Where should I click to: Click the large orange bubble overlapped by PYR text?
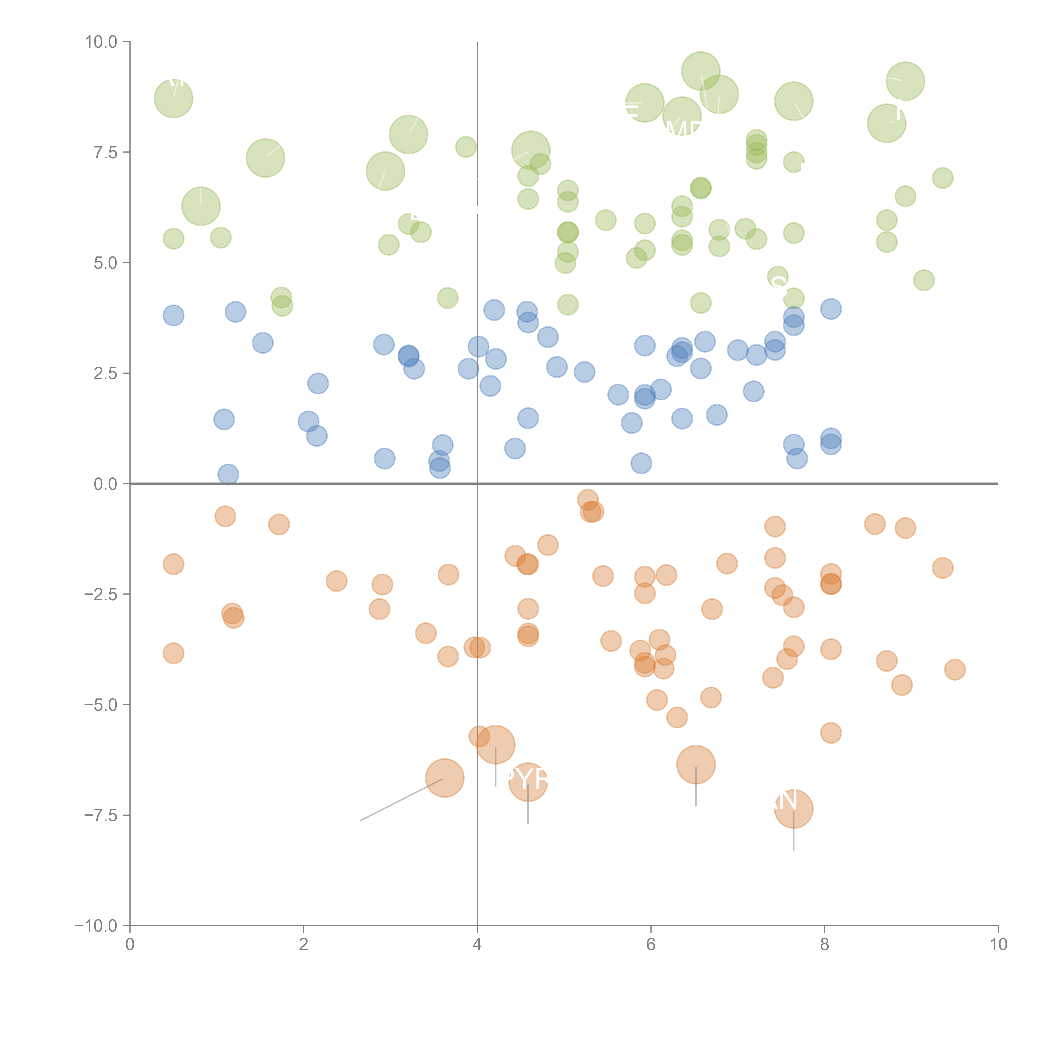coord(528,782)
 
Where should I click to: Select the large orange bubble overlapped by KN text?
coord(794,808)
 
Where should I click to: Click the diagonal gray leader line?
coord(401,800)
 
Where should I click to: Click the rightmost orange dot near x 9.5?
coord(955,670)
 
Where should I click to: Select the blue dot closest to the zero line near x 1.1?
coord(228,474)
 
